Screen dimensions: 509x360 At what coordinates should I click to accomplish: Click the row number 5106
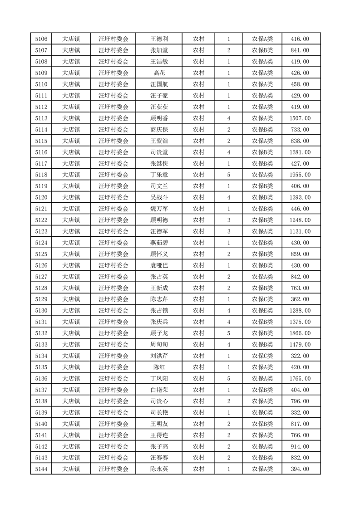(41, 39)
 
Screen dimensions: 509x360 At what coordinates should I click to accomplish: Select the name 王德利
(159, 39)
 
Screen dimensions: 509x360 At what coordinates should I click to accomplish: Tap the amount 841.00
(300, 50)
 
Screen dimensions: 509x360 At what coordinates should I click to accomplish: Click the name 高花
(159, 73)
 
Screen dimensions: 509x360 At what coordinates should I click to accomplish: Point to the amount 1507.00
(300, 118)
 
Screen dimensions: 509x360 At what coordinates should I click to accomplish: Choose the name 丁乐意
(159, 175)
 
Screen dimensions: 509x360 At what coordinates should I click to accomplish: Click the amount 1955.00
(300, 175)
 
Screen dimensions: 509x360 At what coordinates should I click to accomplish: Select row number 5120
(41, 197)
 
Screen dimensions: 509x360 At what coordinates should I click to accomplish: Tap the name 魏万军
(159, 209)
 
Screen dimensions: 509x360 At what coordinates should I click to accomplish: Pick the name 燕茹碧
(159, 243)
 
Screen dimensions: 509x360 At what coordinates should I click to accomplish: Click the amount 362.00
(300, 299)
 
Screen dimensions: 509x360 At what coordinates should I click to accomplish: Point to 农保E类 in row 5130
(262, 311)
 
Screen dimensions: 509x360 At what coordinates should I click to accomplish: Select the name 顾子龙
(159, 333)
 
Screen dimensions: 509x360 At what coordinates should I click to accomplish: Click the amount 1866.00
(300, 333)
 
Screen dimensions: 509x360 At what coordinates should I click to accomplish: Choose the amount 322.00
(300, 356)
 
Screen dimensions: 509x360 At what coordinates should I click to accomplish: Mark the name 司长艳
(159, 412)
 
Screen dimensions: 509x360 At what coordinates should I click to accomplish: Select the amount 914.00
(300, 446)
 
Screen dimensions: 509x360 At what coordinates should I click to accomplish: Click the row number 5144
(41, 469)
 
